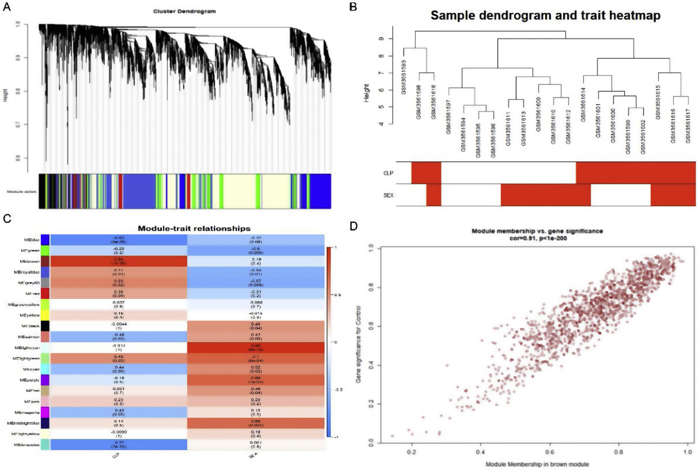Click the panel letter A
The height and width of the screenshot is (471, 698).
(x=7, y=6)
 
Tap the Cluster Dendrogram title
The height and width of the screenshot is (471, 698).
(x=184, y=11)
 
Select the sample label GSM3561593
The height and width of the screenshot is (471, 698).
(x=404, y=77)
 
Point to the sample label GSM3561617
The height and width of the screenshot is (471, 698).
(x=688, y=126)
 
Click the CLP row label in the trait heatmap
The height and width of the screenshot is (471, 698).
(x=388, y=173)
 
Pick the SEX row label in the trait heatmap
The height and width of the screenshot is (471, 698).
(x=388, y=195)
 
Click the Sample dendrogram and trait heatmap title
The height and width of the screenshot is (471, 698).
(x=545, y=15)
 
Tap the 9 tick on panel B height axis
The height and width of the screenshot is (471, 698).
(x=382, y=39)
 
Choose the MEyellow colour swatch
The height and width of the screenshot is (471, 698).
(x=45, y=315)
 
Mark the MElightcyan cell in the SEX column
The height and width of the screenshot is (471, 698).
(x=256, y=348)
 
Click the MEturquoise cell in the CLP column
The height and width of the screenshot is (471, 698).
(x=119, y=444)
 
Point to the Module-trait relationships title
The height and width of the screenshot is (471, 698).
(x=194, y=228)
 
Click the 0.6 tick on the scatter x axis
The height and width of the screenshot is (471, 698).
(x=550, y=452)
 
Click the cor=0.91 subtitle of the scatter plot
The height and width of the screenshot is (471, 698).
(x=538, y=238)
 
